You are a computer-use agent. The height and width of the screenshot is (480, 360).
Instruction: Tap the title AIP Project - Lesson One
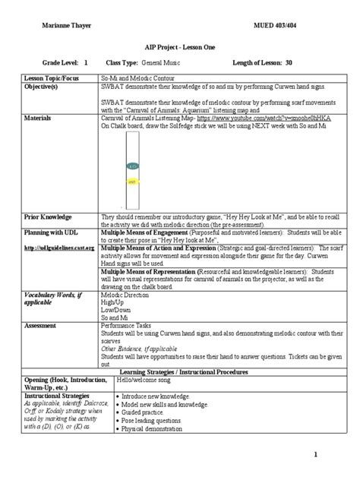click(x=180, y=46)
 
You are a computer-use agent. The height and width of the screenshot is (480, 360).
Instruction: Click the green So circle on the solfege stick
click(x=132, y=165)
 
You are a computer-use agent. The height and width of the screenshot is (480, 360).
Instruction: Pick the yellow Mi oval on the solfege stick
click(x=132, y=182)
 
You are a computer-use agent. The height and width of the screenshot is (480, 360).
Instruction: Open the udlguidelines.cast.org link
click(x=59, y=248)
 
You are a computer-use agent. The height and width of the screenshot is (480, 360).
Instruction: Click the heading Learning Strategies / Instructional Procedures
click(x=180, y=373)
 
